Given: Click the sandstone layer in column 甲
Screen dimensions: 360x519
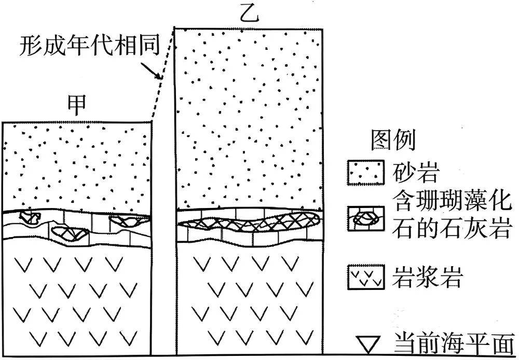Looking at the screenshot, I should (77, 166).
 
